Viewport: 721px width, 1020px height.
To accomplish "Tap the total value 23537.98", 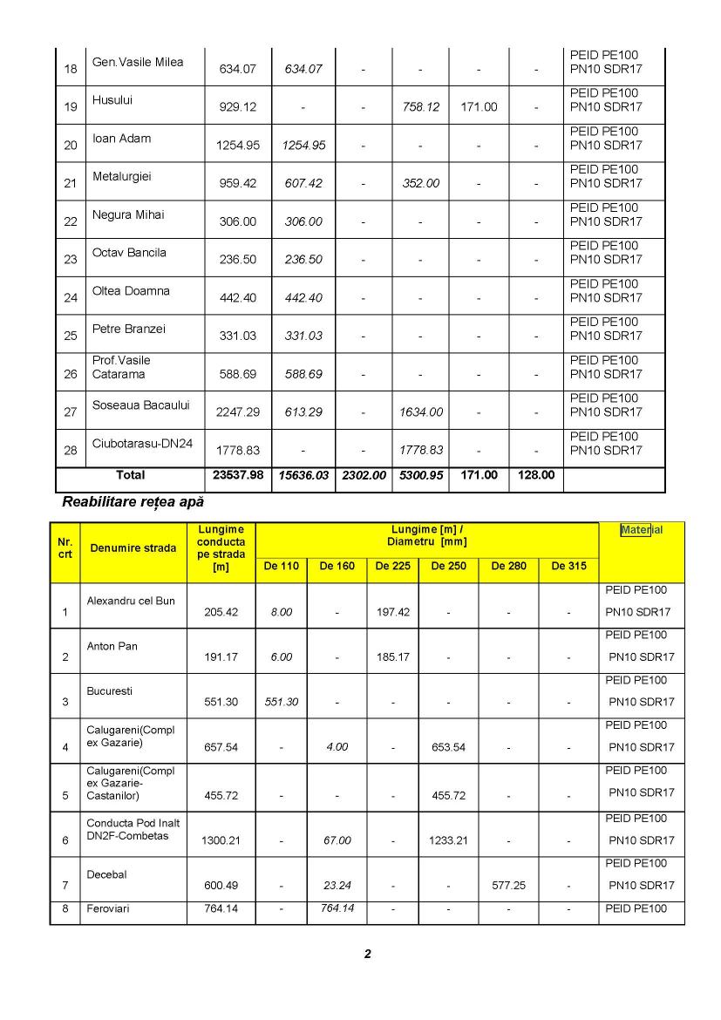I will click(238, 476).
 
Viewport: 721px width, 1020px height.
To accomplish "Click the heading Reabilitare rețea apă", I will click(133, 503).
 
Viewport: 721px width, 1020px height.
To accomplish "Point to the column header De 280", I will click(508, 567).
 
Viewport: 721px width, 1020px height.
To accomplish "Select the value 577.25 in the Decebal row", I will click(508, 885).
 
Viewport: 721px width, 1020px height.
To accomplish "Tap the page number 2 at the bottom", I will click(367, 954).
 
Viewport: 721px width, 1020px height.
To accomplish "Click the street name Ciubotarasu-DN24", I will click(142, 443).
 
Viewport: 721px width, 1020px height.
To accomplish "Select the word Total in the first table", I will click(131, 476).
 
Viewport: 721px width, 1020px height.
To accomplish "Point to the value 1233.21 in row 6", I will click(449, 840).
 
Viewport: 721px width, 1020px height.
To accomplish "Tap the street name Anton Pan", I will click(112, 646).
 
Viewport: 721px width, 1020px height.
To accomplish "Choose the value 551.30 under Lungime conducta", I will click(221, 702).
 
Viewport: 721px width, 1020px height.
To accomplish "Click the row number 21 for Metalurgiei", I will click(71, 184).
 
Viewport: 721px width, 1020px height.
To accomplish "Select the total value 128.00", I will click(535, 476).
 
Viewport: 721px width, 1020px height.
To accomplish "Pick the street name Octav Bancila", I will click(129, 253).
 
